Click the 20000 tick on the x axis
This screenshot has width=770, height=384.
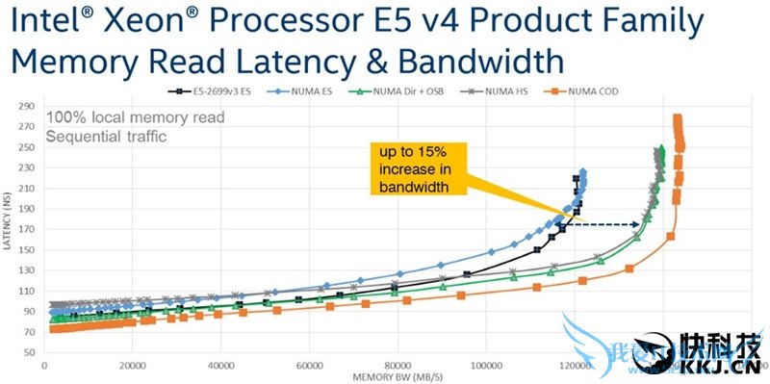(133, 367)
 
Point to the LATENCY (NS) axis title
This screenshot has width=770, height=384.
(9, 226)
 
